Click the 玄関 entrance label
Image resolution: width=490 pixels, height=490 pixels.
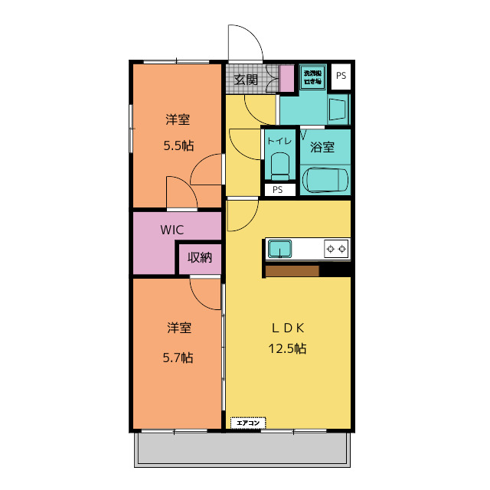coord(245,79)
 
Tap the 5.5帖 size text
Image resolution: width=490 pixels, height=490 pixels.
coord(178,145)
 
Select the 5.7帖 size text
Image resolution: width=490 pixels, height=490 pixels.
coord(178,357)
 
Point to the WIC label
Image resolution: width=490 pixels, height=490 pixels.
coord(171,229)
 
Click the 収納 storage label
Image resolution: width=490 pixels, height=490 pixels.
coord(200,257)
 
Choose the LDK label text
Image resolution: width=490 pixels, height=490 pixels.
coord(288,328)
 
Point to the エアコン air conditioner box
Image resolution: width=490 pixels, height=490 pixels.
coord(247,422)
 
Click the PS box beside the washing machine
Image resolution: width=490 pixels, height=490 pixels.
coord(341,75)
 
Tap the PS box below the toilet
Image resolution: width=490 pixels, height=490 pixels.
coord(278,190)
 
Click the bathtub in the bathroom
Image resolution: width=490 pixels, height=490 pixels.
coord(325,181)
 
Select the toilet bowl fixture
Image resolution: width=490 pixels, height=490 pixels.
coord(279,165)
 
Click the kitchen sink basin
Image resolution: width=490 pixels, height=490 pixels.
coord(279,249)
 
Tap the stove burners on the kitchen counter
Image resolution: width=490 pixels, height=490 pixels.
coord(336,248)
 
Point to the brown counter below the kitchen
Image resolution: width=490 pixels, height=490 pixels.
coord(292,270)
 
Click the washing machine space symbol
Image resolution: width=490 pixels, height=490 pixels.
coord(312,77)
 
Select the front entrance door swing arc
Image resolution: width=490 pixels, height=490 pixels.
coord(245,42)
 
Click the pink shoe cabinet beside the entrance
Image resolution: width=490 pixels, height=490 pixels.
coord(286,78)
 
